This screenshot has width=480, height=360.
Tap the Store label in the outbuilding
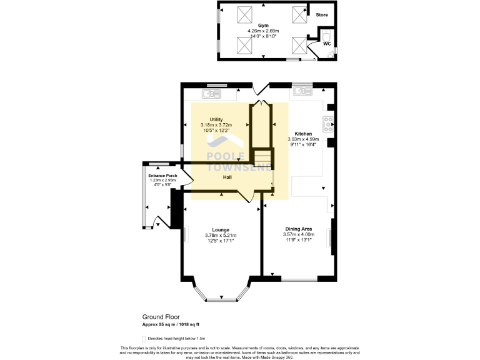[322, 14]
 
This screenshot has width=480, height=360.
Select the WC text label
[326, 44]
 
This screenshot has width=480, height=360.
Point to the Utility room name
[216, 119]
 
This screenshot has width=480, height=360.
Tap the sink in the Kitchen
[302, 91]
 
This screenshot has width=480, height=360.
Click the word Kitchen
[303, 134]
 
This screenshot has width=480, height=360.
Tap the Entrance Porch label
[162, 176]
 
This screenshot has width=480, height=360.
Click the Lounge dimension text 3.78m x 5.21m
[221, 235]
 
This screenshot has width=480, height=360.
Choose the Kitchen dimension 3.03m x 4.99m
[303, 139]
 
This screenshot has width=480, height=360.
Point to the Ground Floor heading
[161, 317]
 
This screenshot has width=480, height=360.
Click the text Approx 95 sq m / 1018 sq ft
[171, 324]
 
